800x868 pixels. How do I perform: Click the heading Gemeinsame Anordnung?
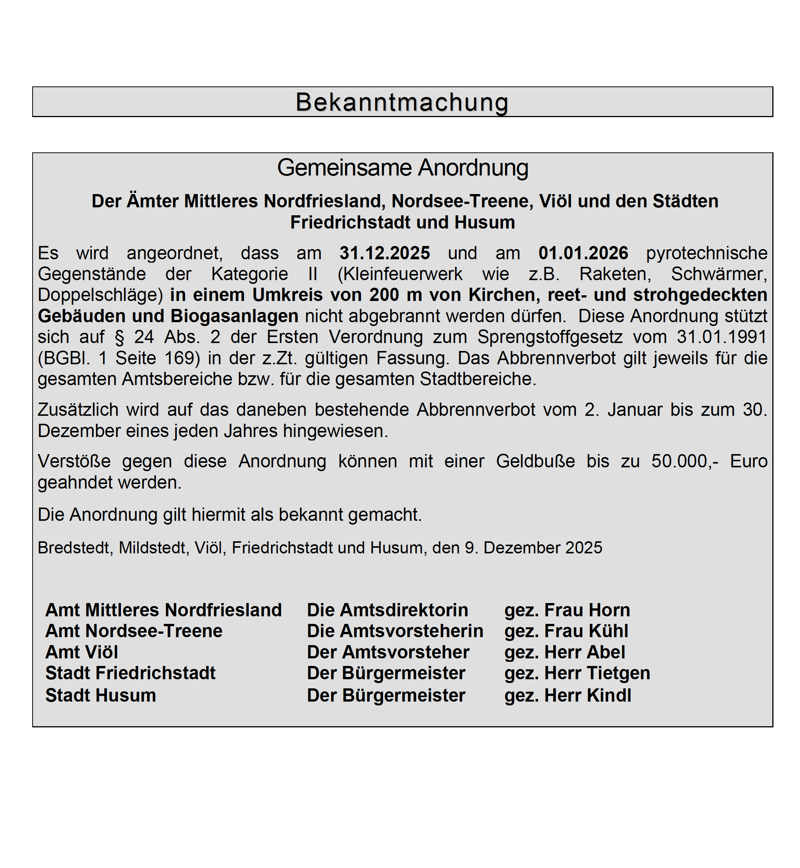point(403,168)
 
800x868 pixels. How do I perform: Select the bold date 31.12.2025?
point(384,253)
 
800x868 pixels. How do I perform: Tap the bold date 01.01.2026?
point(583,253)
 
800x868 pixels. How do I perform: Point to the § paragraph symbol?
point(119,337)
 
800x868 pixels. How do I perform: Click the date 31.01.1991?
point(722,337)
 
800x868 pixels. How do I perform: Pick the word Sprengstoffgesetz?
point(550,337)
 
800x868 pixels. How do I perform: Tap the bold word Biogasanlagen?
point(234,316)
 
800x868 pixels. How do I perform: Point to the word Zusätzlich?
point(78,410)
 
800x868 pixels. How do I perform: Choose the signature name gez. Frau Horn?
point(567,610)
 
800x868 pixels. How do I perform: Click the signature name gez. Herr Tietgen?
point(577,673)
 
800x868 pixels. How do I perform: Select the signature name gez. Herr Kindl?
point(568,696)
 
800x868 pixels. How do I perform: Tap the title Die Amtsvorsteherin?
point(395,631)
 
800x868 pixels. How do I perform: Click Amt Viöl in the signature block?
point(82,652)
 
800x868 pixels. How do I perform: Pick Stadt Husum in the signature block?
point(100,696)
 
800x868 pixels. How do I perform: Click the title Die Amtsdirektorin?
point(387,610)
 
